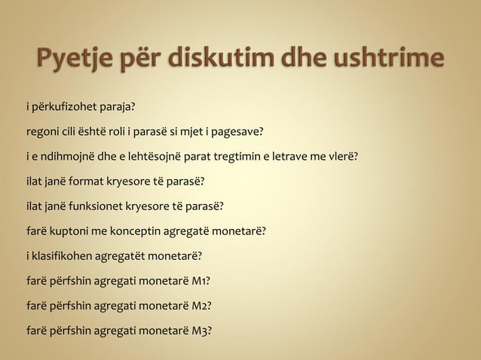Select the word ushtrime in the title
point(384,59)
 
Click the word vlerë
point(342,158)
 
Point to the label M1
point(198,281)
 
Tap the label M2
point(199,305)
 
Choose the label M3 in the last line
point(200,329)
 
